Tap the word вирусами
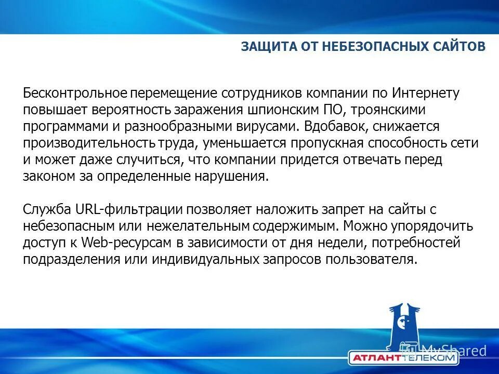pos(269,127)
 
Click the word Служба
pos(45,210)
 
